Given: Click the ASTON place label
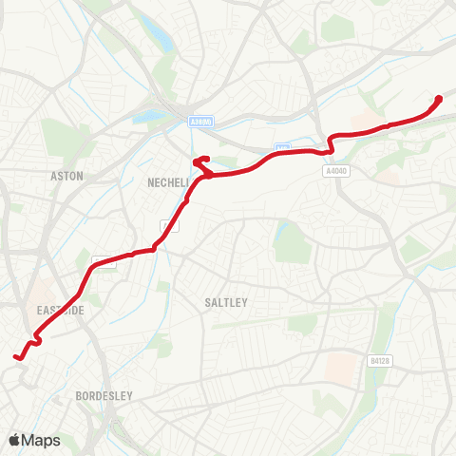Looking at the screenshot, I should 67,176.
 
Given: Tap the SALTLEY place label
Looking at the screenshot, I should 226,302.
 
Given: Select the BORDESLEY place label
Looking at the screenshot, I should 104,394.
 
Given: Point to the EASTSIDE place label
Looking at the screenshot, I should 62,311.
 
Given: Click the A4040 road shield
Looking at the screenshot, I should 335,172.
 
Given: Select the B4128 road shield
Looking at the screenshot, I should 380,360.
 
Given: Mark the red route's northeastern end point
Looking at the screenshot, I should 439,99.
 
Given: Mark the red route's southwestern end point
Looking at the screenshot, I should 16,357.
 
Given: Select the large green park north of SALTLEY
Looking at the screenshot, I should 291,242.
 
